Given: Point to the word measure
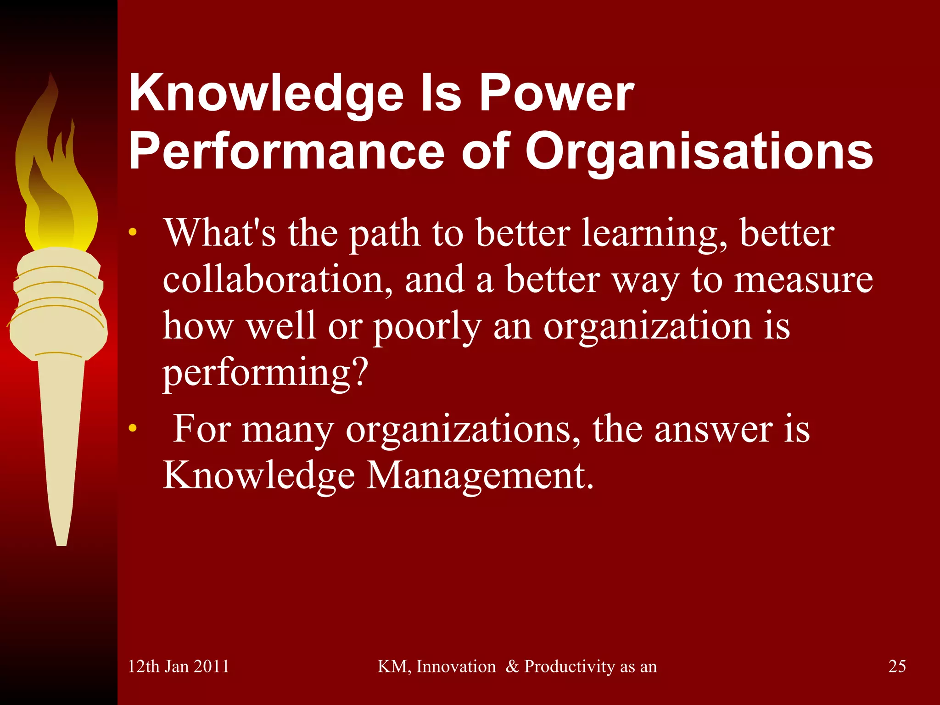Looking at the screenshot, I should click(803, 280).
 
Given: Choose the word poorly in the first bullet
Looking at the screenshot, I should click(427, 327).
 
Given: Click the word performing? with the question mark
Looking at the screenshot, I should click(266, 373).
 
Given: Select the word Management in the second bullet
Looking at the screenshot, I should click(479, 476).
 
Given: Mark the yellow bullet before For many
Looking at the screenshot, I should click(133, 429).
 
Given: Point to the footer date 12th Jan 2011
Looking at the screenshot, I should click(178, 666).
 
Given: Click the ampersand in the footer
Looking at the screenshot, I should click(511, 666).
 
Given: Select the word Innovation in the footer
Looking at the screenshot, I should click(456, 666).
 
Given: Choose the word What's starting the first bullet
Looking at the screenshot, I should click(220, 233).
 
